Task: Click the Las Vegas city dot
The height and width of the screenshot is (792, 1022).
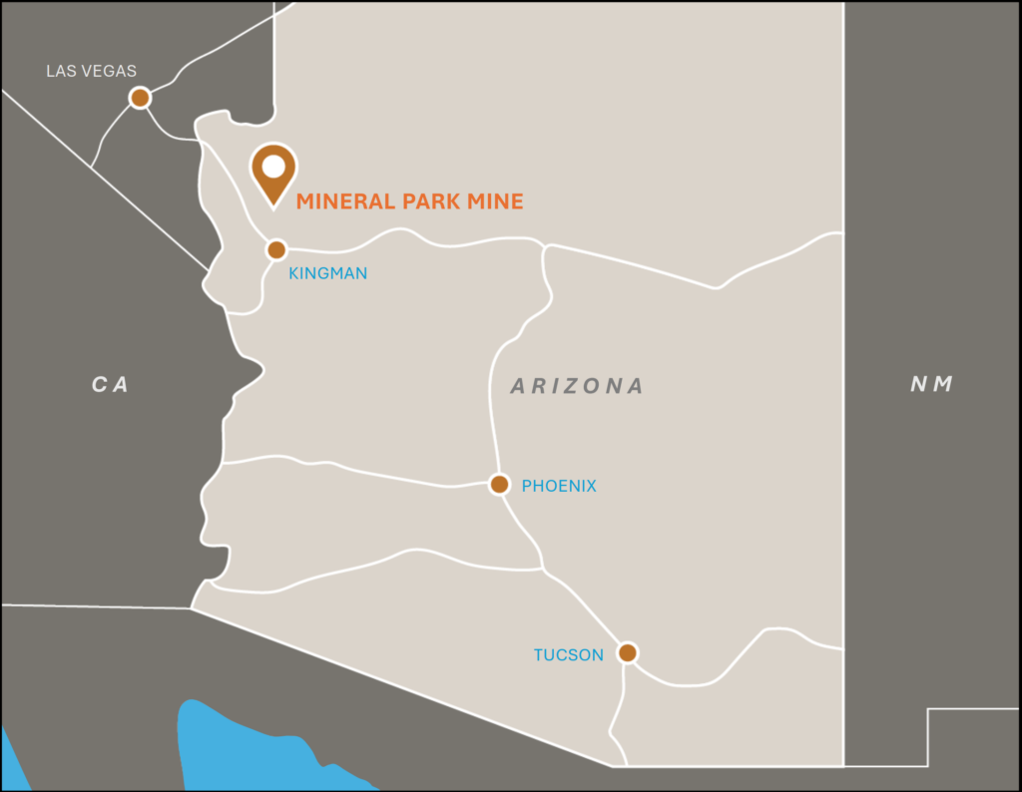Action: (x=141, y=98)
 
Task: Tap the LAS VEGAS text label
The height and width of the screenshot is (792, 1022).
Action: (x=92, y=71)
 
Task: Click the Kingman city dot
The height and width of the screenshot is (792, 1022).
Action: (x=276, y=249)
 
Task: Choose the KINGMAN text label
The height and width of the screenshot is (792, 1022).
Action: (x=327, y=272)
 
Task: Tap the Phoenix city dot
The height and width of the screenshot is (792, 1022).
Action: (x=499, y=485)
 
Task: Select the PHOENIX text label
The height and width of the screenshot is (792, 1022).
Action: (x=559, y=486)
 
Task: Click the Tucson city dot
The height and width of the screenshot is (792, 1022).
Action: (x=627, y=652)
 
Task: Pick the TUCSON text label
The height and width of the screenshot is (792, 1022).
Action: (x=568, y=655)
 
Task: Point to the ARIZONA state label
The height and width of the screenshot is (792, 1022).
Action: (x=577, y=386)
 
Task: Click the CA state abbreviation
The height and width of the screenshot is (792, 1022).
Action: (x=110, y=385)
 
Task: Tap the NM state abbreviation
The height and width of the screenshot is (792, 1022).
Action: (x=931, y=384)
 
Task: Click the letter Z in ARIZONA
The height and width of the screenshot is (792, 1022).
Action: (x=577, y=386)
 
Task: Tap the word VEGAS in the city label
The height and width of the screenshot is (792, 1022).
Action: (x=112, y=71)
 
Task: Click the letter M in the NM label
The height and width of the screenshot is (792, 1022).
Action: (x=943, y=384)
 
